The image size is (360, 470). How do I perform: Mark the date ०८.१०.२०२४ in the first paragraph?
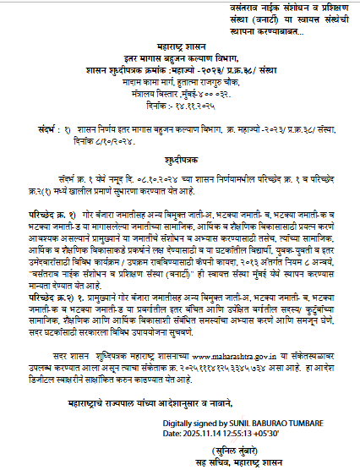(128, 179)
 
